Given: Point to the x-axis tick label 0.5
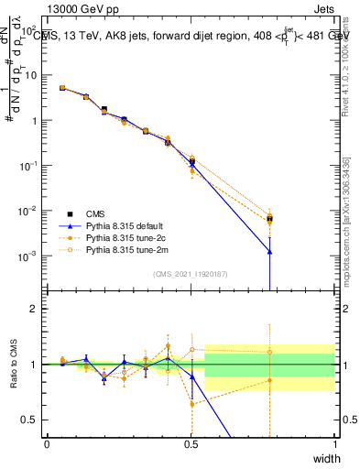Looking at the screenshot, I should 191,443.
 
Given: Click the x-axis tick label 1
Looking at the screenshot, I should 335,443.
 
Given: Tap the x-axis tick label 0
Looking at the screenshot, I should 47,443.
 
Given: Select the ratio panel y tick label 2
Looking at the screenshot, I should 35,309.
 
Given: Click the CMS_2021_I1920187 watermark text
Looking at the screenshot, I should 191,274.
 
